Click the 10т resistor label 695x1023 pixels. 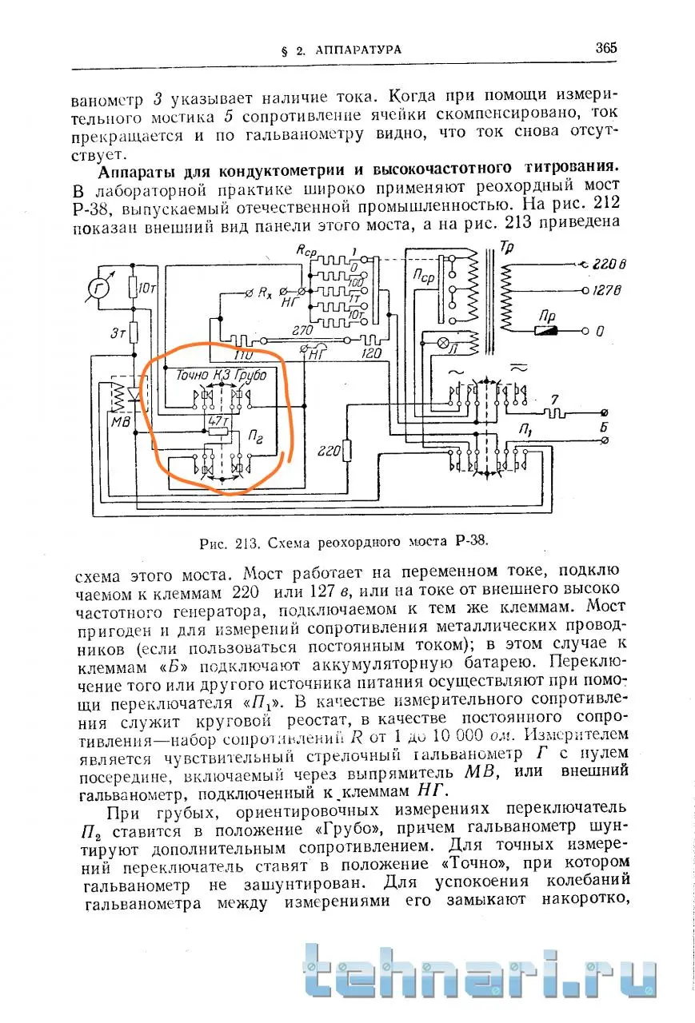click(146, 286)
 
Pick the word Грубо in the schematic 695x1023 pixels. click(251, 374)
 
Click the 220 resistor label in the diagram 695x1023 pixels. click(326, 449)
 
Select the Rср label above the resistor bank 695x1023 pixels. click(306, 250)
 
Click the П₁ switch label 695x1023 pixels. click(526, 432)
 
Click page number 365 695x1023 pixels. click(606, 47)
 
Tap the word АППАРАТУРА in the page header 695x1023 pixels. click(357, 50)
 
